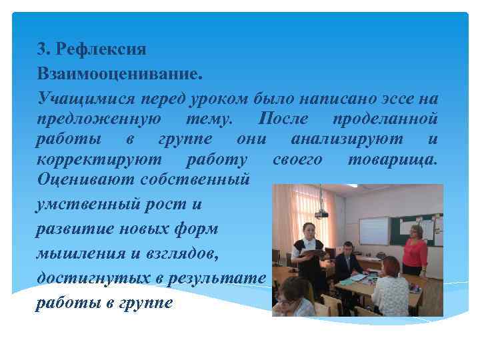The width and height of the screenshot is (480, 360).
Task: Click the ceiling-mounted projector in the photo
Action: point(321,213)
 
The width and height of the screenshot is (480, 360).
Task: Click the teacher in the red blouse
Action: point(415,249)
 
